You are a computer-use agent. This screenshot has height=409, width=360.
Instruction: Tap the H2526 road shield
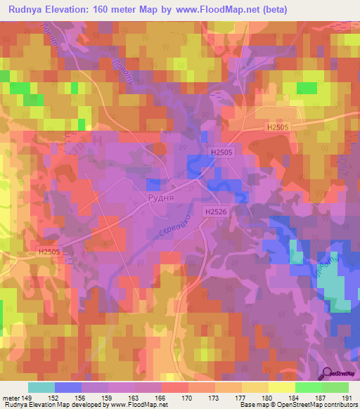(x=217, y=212)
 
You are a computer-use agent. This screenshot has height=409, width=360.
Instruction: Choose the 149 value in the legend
(x=27, y=397)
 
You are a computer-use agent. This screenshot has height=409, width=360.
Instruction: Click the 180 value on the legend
(x=268, y=397)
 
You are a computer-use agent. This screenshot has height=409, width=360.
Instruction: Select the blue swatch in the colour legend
(x=67, y=387)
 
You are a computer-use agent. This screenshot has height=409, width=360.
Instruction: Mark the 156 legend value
(x=81, y=397)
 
